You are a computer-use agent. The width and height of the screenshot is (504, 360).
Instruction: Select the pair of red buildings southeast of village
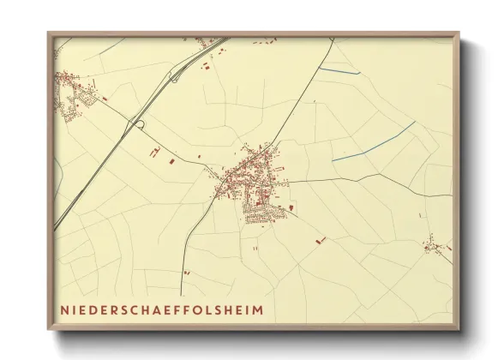(321, 241)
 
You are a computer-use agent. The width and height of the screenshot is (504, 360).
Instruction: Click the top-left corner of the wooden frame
(49, 34)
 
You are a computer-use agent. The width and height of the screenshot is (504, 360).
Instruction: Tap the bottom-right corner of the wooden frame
(459, 329)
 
